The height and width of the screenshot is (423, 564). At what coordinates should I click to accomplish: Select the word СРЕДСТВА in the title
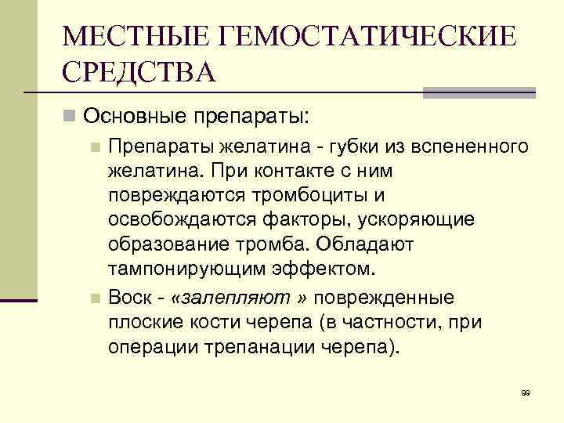tap(138, 74)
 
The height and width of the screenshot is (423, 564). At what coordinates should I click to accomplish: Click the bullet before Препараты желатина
tap(95, 146)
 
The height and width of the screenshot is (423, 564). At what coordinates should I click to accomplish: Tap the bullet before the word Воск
tap(95, 299)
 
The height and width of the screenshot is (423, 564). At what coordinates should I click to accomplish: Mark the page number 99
tap(525, 392)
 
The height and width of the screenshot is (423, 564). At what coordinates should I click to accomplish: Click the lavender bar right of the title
tap(479, 92)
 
